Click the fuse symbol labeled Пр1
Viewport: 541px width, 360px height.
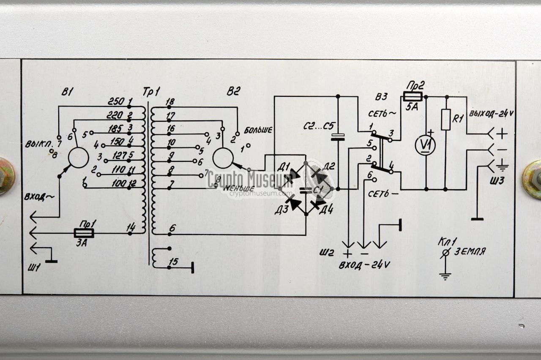[84, 233]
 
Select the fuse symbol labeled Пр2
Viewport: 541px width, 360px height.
[412, 97]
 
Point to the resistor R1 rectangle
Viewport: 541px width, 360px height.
[445, 119]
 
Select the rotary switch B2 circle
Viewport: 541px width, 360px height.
[223, 158]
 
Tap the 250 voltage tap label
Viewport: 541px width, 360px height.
[116, 102]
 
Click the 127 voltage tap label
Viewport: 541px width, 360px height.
[120, 155]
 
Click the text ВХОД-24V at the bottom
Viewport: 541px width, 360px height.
[364, 265]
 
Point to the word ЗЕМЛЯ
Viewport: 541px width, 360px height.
[470, 251]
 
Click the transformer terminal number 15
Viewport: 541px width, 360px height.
[172, 262]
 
